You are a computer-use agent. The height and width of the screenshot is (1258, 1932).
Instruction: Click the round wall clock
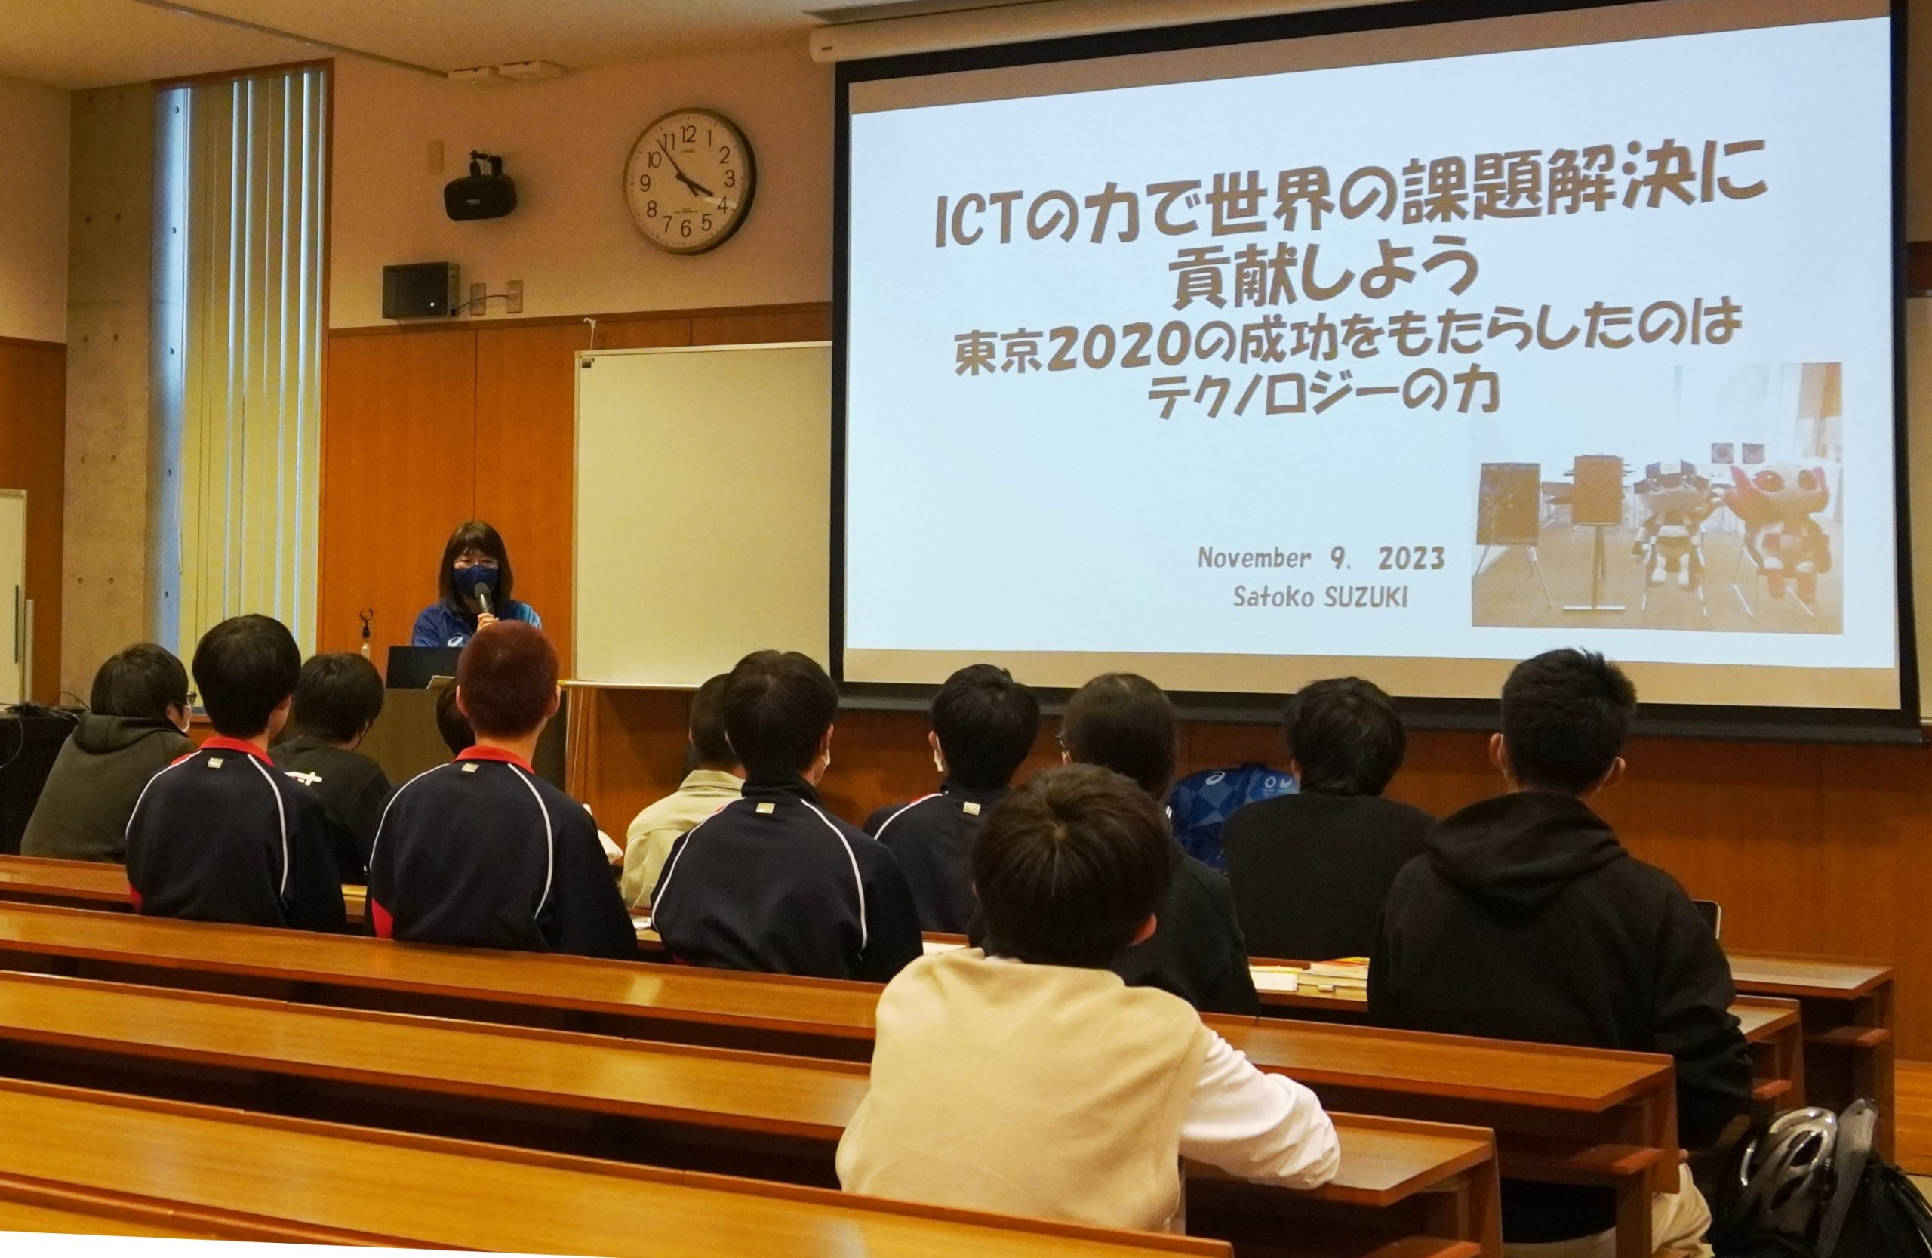(689, 180)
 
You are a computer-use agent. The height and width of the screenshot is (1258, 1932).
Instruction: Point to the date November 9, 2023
(1321, 560)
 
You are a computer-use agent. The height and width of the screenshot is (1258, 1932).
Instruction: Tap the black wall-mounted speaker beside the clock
(480, 193)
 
